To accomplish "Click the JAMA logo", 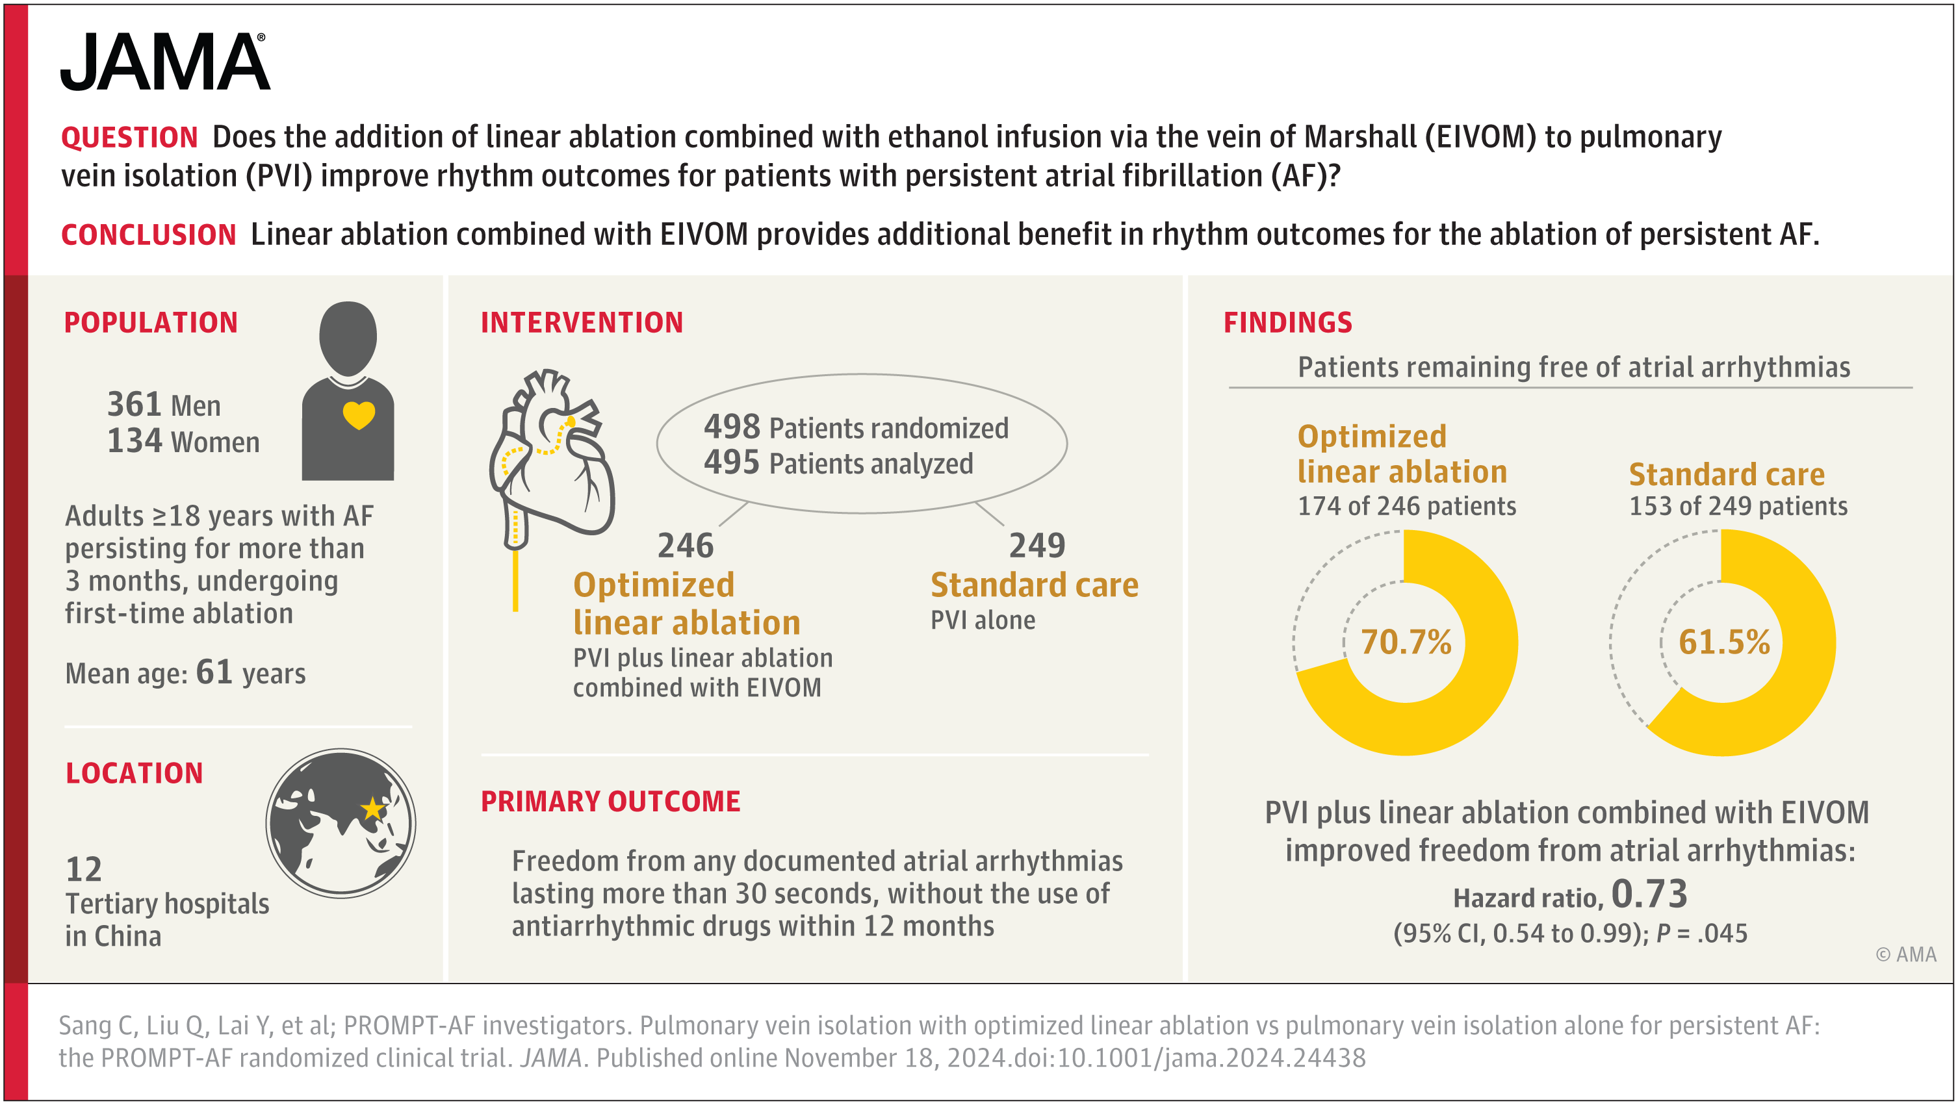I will (164, 62).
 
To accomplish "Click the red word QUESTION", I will (129, 138).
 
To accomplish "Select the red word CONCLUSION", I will (148, 235).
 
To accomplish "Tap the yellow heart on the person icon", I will (359, 415).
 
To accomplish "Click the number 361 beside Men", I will (135, 404).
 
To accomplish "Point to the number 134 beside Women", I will (135, 441).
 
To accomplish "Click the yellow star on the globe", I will (372, 809).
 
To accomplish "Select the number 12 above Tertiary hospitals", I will (84, 869).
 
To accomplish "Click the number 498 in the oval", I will (731, 427).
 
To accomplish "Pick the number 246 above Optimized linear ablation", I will (685, 546).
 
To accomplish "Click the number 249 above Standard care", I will (1037, 546).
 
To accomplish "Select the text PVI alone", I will (982, 620).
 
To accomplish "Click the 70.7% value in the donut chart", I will (1406, 642).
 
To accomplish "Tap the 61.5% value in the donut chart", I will (1723, 642).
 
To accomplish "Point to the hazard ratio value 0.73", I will (1649, 894).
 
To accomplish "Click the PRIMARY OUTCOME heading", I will (610, 802).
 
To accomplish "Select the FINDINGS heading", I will (1287, 323).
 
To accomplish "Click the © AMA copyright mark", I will (1905, 954).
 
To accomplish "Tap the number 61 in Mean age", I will (214, 672).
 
